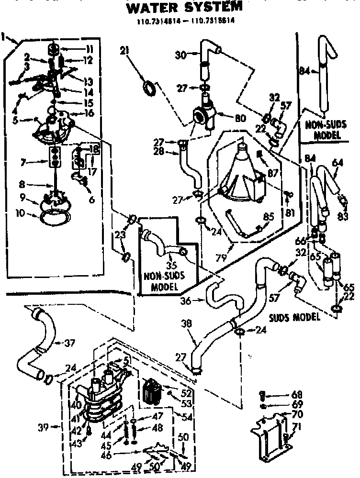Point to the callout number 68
click(x=297, y=394)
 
